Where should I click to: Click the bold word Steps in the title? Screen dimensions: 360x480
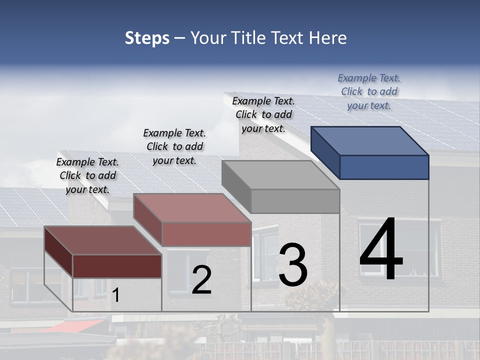click(x=147, y=38)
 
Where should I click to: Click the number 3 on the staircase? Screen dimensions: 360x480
click(x=293, y=265)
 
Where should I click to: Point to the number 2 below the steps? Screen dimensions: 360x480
click(x=201, y=280)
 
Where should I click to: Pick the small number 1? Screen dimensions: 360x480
click(x=116, y=295)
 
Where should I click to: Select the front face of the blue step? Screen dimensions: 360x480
click(x=384, y=167)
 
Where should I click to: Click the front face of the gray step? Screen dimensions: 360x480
click(x=295, y=201)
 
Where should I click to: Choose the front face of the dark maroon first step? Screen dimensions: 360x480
click(x=117, y=266)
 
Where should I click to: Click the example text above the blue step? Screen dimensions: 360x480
click(x=369, y=92)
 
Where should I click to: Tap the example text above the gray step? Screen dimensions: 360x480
click(x=263, y=114)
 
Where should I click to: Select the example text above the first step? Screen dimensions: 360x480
click(x=87, y=175)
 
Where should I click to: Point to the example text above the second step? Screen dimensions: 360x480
click(x=174, y=146)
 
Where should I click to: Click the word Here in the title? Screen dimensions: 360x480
click(x=328, y=38)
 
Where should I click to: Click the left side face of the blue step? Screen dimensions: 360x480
click(x=325, y=152)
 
